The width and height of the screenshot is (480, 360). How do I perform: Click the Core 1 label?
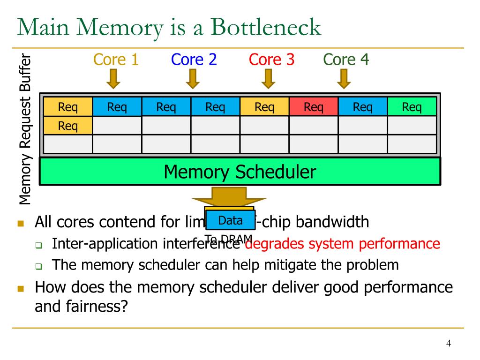click(116, 60)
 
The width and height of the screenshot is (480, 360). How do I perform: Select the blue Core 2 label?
click(194, 60)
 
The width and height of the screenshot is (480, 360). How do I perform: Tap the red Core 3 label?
click(271, 60)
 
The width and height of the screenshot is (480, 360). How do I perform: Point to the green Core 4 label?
click(346, 60)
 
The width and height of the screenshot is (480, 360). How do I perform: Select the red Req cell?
click(314, 107)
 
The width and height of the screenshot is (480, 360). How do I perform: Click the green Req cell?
click(412, 107)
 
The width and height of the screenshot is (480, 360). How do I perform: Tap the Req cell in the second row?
click(68, 126)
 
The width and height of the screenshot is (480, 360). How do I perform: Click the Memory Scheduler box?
click(240, 172)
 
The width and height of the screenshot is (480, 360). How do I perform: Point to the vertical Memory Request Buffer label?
click(26, 130)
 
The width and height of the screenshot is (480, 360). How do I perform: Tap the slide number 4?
click(448, 344)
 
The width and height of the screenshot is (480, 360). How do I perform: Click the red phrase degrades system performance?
click(343, 244)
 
